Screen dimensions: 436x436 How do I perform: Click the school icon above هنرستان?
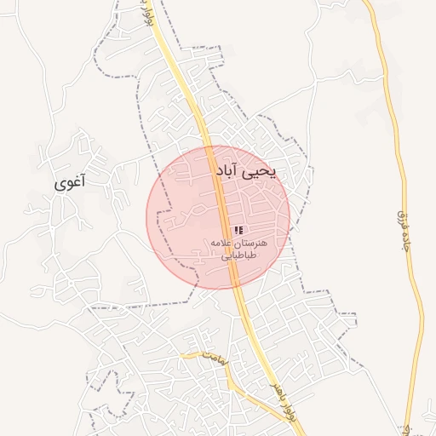coord(238,231)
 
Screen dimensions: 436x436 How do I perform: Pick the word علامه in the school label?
coord(223,244)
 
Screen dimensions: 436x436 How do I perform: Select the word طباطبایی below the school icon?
coord(238,255)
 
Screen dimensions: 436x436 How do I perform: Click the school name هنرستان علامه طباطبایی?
coord(238,249)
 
